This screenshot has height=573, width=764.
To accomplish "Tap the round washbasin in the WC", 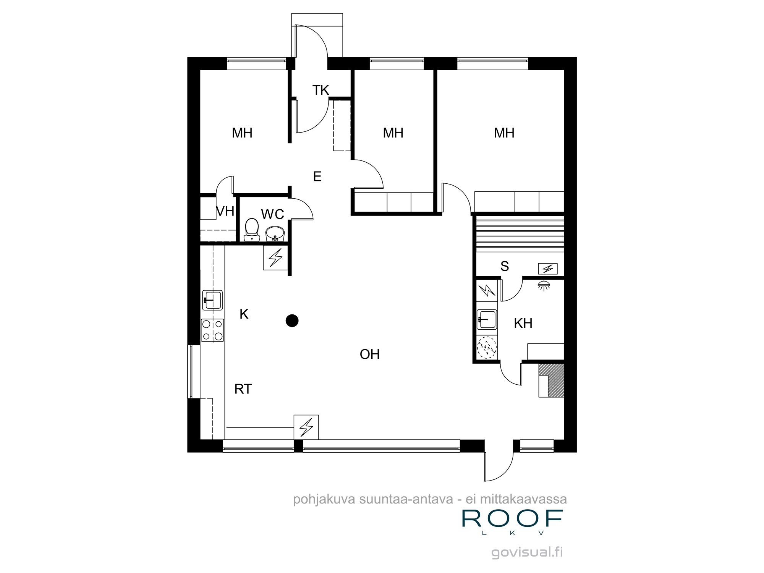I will pos(275,233).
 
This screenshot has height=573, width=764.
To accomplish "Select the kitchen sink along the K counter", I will pos(212,299).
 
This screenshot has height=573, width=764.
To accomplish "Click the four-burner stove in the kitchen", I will pos(212,330).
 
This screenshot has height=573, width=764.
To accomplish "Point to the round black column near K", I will pos(292,320).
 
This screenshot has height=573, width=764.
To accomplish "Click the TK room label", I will pos(320,90).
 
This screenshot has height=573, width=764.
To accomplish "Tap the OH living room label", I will pos(369,354).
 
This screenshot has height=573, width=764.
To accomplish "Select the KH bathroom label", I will pos(523,324).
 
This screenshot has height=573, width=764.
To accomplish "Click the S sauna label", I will pos(505,266).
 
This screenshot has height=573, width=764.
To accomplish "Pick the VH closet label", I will pos(225,211).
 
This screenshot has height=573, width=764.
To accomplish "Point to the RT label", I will pos(243,389).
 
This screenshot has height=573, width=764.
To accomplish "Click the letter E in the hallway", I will pos(317,176).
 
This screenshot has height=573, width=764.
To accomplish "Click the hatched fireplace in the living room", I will pos(555,380).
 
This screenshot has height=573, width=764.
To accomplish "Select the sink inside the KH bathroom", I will pos(487,319).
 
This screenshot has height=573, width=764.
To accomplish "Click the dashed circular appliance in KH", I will pos(487,347).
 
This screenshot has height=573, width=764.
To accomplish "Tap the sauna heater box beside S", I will pos(548,269).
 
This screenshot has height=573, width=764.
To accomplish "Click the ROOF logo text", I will pos(512,518).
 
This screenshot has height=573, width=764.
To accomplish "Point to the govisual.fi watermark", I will pos(528,553).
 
